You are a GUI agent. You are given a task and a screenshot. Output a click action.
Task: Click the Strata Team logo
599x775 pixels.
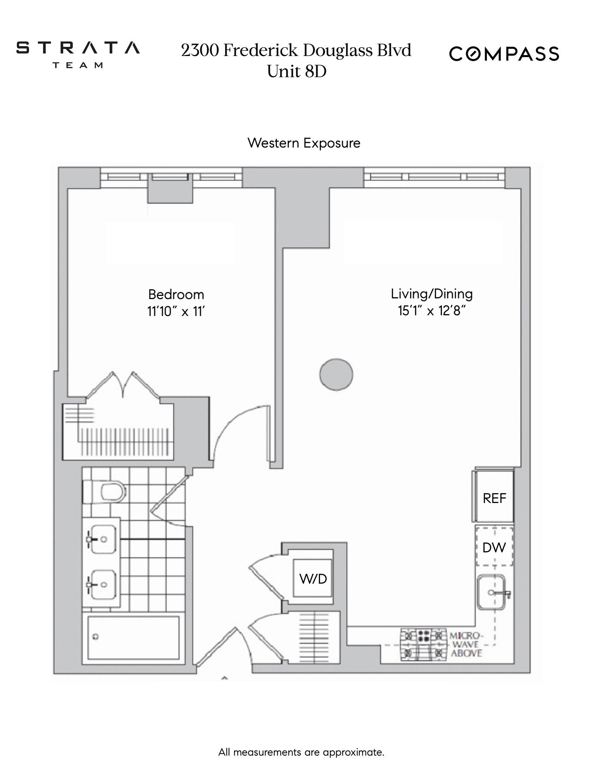click(78, 54)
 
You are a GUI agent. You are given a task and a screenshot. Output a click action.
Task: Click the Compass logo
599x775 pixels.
click(504, 54)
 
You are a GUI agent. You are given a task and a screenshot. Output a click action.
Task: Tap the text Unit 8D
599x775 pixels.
click(296, 71)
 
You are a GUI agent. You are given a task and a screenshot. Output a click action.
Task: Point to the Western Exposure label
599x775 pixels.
click(304, 143)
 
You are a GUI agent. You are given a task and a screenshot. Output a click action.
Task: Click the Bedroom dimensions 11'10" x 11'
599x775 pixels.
click(176, 311)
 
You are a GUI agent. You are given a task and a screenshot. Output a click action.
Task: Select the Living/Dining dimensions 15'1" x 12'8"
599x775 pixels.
click(432, 311)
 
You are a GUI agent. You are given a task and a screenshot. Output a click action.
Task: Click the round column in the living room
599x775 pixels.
click(336, 374)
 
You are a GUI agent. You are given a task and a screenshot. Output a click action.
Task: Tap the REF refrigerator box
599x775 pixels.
click(494, 498)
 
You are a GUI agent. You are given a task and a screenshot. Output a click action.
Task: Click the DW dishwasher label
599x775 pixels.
click(494, 547)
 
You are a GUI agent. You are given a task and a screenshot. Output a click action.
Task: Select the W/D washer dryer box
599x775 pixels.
click(313, 579)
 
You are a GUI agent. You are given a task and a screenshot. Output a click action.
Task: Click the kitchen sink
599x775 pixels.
click(491, 592)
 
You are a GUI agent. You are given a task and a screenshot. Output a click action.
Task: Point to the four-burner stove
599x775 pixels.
click(423, 644)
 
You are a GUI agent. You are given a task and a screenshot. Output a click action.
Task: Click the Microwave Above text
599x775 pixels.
click(466, 644)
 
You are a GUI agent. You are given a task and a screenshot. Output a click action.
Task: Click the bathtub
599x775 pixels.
click(134, 638)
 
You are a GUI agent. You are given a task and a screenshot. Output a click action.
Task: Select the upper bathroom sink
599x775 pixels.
click(102, 539)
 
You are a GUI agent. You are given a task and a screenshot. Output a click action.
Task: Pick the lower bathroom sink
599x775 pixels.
click(102, 584)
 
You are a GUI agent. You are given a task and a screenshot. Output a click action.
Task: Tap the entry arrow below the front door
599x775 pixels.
click(224, 678)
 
